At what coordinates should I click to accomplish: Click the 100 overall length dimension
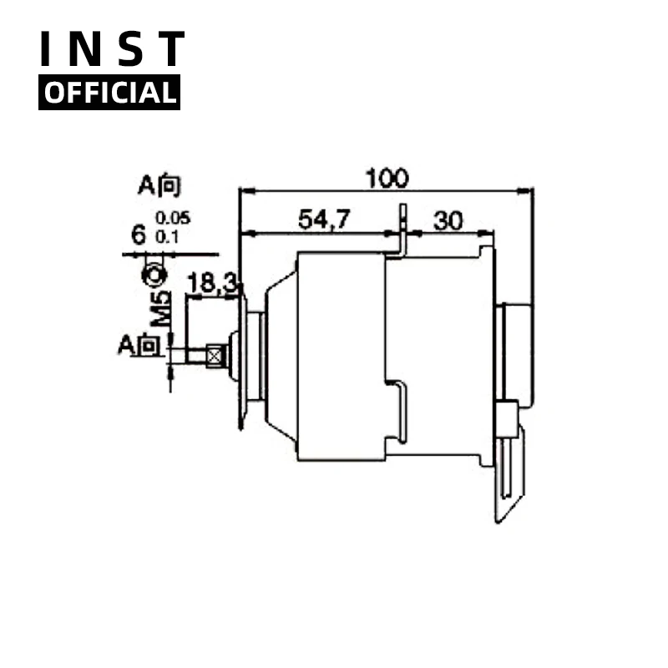(386, 178)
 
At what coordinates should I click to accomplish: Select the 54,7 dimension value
(325, 220)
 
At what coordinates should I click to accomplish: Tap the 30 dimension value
(448, 220)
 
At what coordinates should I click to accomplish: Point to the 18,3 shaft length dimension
(211, 284)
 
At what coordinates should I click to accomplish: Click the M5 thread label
(164, 308)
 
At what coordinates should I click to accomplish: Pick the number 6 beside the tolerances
(139, 235)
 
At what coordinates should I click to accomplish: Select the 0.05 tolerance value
(173, 219)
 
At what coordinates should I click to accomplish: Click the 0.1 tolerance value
(167, 237)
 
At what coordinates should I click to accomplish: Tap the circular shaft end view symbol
(154, 273)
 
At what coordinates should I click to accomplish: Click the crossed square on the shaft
(216, 357)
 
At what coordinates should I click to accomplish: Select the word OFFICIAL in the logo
(109, 92)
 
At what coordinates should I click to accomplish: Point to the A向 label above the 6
(159, 185)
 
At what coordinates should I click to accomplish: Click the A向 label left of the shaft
(139, 344)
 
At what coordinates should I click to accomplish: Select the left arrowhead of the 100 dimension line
(244, 191)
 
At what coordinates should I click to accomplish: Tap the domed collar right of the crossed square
(233, 357)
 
